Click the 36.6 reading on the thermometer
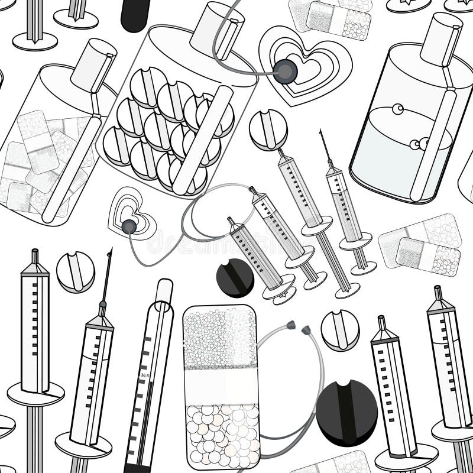[144, 375]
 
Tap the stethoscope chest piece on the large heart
[285, 72]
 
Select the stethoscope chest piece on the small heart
[128, 225]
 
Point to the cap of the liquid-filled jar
[440, 38]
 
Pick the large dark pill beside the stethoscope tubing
[346, 412]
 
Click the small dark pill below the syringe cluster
[235, 277]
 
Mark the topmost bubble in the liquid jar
[397, 109]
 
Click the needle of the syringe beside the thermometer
[108, 275]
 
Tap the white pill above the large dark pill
[341, 330]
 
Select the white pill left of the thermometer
[75, 272]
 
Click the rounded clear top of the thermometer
[164, 290]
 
